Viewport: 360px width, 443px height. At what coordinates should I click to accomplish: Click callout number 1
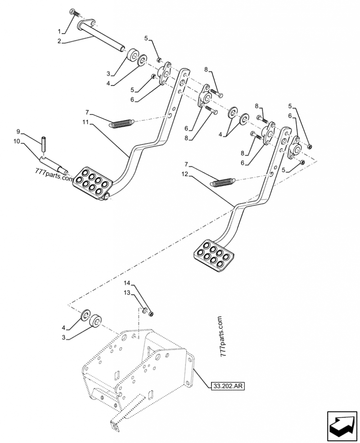[60, 31]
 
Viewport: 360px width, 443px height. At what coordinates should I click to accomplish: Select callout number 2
[60, 42]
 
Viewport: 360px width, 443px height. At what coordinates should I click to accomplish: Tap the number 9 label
[18, 131]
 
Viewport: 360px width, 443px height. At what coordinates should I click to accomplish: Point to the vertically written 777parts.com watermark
[220, 336]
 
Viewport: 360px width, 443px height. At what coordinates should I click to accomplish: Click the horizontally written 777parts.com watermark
[53, 178]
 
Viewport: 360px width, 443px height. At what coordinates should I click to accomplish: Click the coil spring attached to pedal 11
[121, 123]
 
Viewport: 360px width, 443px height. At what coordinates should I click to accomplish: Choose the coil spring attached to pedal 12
[224, 182]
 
